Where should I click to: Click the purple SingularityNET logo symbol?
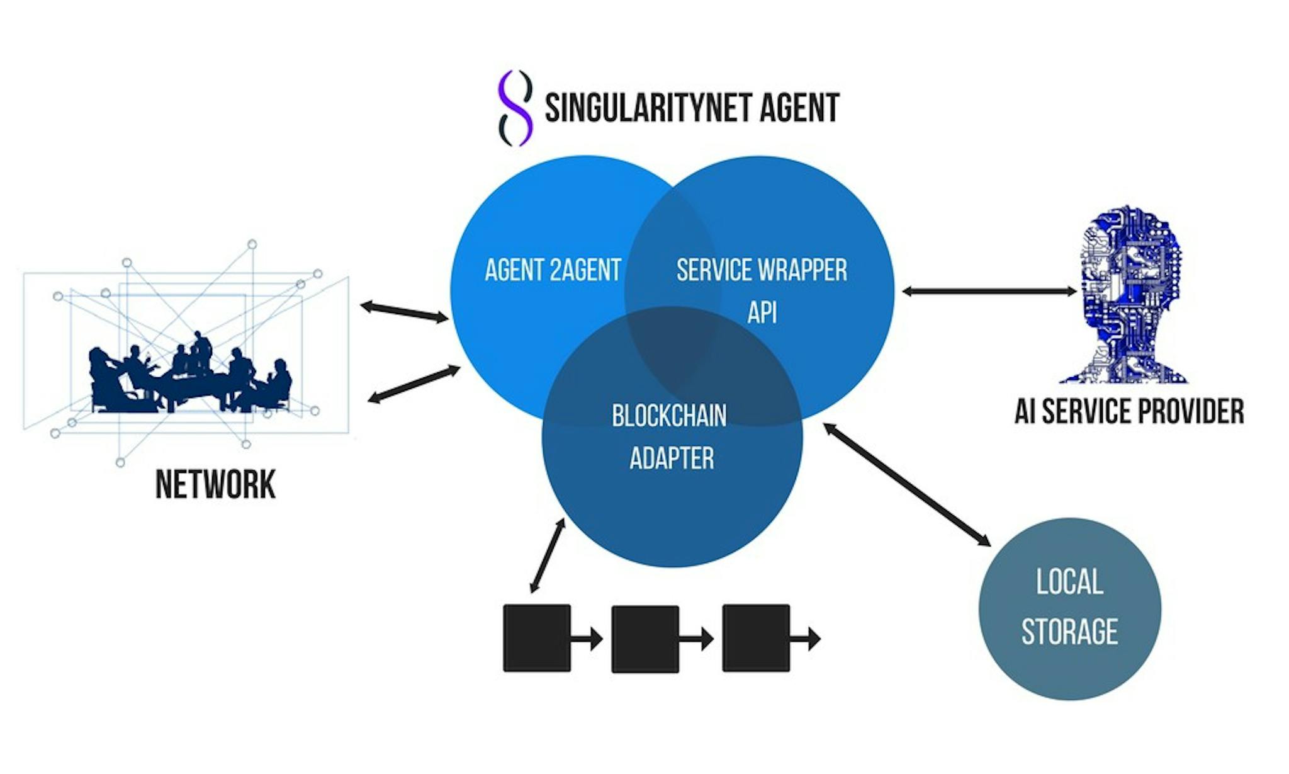click(515, 108)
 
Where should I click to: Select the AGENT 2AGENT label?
click(553, 270)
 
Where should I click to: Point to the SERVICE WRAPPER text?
click(762, 270)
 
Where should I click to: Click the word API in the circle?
click(762, 312)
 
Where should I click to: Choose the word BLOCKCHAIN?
click(669, 416)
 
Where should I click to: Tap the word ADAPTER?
click(672, 458)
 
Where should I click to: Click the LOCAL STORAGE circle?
click(1069, 609)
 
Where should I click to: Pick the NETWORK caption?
click(215, 484)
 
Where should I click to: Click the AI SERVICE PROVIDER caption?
click(1129, 411)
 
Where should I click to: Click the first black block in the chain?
click(537, 638)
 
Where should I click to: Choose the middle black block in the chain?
click(645, 639)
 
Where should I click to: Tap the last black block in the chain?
click(756, 637)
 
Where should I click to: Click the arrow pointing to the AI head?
click(989, 291)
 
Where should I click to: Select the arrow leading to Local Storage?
click(907, 484)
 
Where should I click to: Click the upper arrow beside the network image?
click(404, 312)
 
